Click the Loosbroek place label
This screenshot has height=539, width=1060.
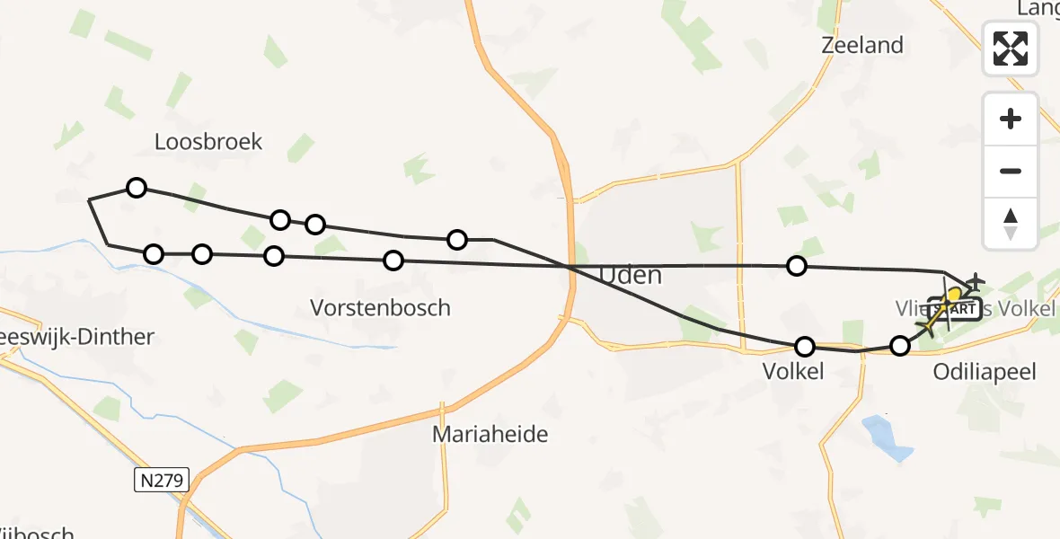pos(208,141)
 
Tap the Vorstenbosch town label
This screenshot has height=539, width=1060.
pos(380,307)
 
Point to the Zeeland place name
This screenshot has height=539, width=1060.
pos(862,45)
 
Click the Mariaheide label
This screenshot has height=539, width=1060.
pos(490,435)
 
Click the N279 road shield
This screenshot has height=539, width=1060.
pos(162,481)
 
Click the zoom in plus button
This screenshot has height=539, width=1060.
pos(1011,119)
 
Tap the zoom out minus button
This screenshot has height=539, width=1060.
pos(1011,171)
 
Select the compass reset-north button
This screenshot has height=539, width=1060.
pos(1011,224)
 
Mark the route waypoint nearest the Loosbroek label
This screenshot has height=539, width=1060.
pos(136,188)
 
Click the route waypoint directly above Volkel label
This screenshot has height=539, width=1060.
pos(805,347)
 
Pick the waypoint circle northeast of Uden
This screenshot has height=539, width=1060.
pos(796,265)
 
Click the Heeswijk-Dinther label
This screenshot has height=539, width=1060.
pos(76,338)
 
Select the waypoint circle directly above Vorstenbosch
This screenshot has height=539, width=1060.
pos(393,261)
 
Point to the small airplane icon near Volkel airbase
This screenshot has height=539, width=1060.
pos(976,282)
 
